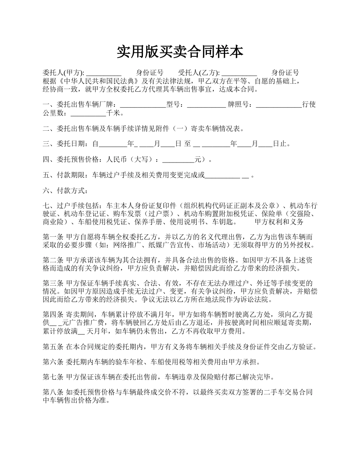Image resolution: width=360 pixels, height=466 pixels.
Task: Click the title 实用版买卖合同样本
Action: (x=180, y=52)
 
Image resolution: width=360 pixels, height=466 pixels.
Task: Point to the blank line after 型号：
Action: (x=206, y=105)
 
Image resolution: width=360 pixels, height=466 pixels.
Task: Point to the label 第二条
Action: (x=53, y=261)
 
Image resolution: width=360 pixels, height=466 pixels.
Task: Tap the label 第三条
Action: (x=53, y=284)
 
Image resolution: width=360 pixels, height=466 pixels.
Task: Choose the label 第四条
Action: (x=53, y=315)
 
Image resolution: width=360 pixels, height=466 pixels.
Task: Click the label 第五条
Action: (x=53, y=347)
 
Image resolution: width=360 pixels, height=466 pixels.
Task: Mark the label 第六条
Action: (x=53, y=362)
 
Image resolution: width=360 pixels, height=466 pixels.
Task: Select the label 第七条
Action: (x=53, y=377)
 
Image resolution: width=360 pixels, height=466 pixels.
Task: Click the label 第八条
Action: (x=53, y=393)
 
